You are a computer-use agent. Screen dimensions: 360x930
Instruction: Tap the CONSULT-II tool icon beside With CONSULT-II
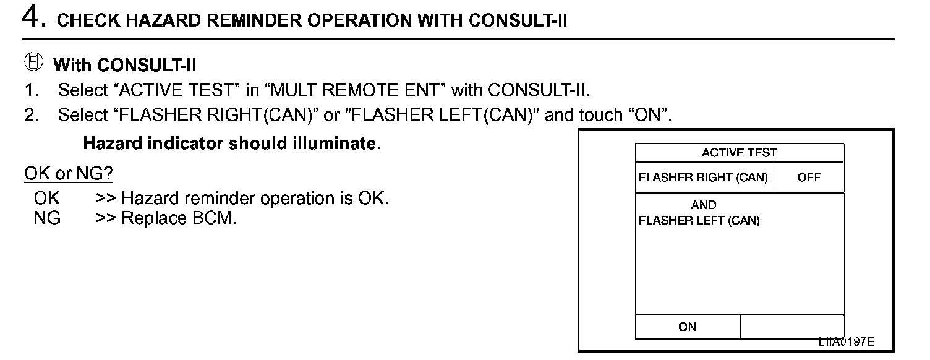(x=35, y=62)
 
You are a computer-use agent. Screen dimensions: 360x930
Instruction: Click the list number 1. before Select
(x=32, y=90)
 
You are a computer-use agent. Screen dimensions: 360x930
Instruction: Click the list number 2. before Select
(x=32, y=115)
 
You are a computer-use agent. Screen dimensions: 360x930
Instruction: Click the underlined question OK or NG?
(x=69, y=174)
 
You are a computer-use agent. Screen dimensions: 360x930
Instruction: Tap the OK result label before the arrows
(x=47, y=199)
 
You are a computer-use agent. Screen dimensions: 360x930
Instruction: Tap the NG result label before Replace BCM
(x=47, y=218)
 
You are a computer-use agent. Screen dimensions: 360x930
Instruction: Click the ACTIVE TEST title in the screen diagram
(x=740, y=153)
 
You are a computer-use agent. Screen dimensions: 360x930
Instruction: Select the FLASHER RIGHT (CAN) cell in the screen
(x=703, y=178)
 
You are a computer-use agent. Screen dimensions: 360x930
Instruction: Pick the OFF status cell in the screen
(x=809, y=178)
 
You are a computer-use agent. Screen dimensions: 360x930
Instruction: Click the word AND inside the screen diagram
(x=704, y=205)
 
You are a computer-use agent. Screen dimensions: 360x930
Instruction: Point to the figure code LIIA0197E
(x=847, y=342)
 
